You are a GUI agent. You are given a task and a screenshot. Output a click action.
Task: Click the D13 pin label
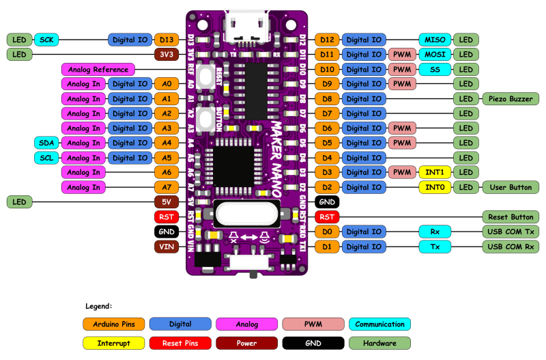tap(166, 40)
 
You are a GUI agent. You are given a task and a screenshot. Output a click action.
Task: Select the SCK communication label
tap(46, 40)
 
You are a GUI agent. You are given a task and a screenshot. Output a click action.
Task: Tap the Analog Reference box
tap(98, 69)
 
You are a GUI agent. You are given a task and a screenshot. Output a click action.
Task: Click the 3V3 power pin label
tap(166, 54)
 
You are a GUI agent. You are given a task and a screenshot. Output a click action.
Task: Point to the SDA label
tap(46, 143)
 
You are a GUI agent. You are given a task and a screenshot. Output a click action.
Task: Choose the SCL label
tap(46, 158)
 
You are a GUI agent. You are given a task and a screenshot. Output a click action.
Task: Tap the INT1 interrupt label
tap(434, 172)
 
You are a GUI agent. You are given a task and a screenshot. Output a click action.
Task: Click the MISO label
tap(434, 40)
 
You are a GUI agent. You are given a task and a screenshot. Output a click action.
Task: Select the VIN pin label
tap(166, 247)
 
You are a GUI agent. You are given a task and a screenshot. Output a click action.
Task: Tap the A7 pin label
tap(166, 187)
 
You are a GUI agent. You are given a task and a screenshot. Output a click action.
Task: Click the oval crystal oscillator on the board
tap(246, 214)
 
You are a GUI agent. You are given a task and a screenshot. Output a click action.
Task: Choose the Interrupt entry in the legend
tap(114, 342)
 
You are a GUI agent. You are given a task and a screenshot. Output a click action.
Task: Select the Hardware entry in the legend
tap(379, 342)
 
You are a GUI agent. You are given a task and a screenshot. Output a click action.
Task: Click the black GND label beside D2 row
tap(327, 202)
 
